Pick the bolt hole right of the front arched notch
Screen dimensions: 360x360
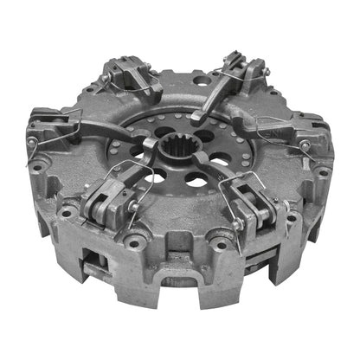(x=228, y=247)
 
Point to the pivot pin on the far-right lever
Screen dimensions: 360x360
(x=305, y=146)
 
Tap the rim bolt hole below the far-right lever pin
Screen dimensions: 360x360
(x=322, y=172)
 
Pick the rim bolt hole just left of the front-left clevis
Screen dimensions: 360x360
(x=66, y=211)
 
